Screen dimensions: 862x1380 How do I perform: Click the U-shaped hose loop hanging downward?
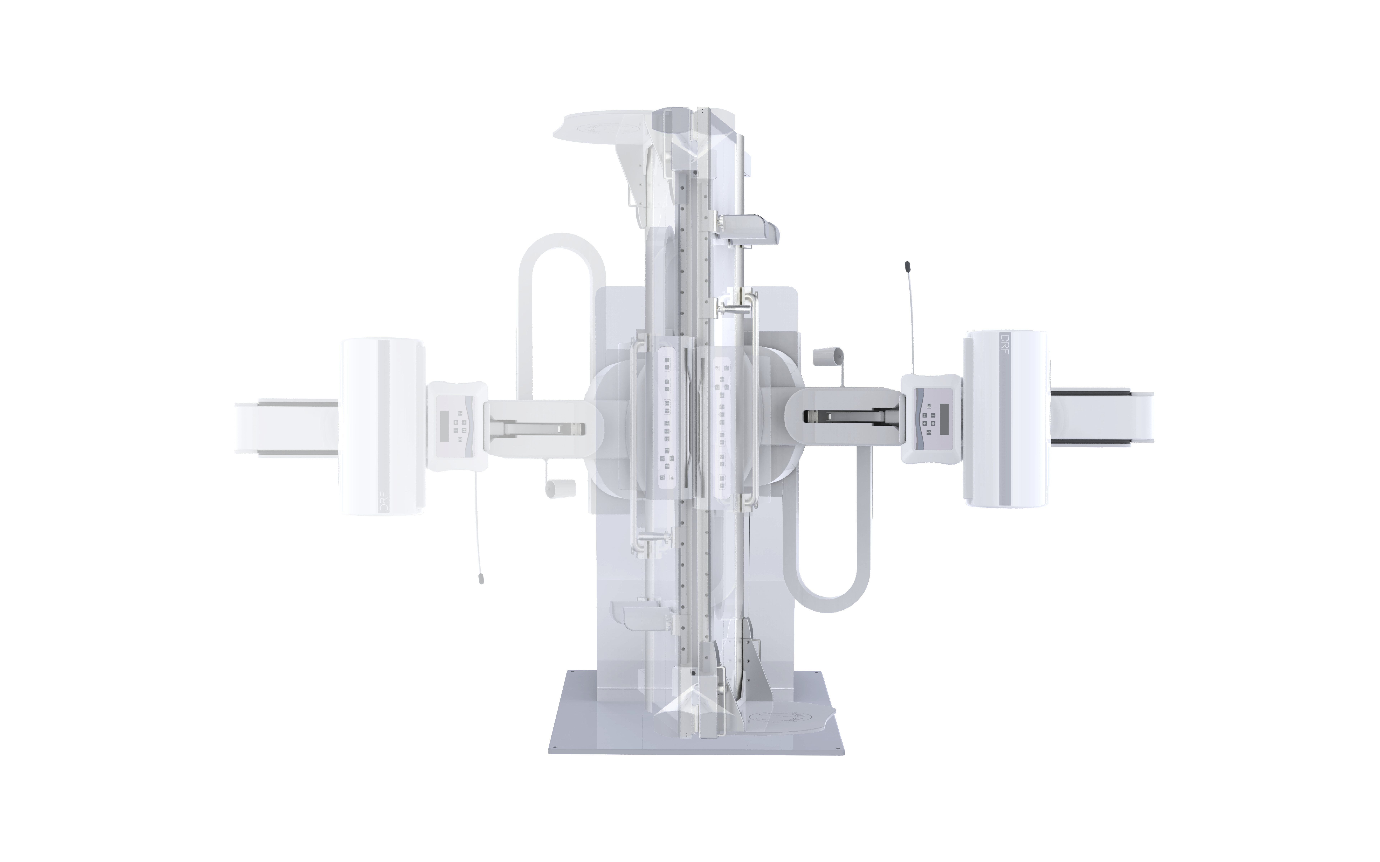pos(827,599)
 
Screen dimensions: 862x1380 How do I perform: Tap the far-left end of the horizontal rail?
pos(240,428)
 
